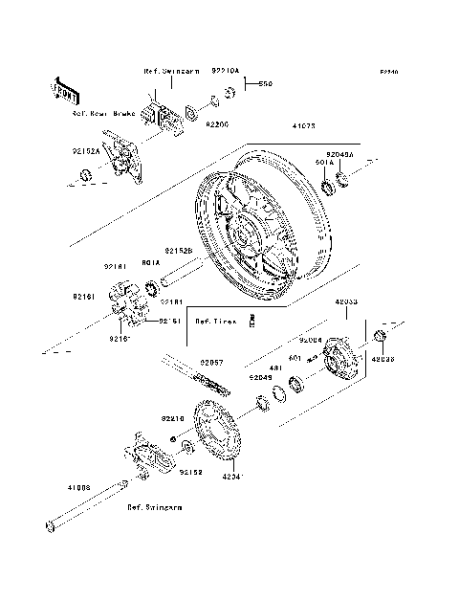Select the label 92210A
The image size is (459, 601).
[226, 71]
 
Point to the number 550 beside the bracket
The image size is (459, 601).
[265, 84]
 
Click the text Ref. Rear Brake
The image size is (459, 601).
[103, 112]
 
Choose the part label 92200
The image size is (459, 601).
[218, 125]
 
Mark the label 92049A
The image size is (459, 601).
[339, 154]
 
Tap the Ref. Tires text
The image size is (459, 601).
[216, 322]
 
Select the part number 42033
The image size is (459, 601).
[346, 301]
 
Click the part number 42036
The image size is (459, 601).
[381, 359]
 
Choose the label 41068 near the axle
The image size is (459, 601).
[78, 487]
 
